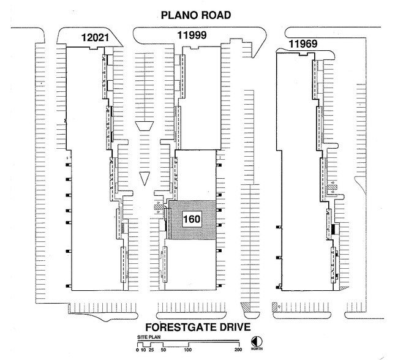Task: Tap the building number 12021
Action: (96, 39)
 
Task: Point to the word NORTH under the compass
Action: (256, 350)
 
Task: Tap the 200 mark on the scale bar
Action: (238, 350)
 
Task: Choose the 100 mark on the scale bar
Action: (188, 350)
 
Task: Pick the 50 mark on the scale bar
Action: (163, 350)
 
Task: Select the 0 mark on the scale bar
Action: (138, 350)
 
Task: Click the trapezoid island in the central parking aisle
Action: (145, 126)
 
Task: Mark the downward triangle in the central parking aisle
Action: (145, 178)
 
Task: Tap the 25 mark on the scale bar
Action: (151, 350)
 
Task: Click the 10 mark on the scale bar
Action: (143, 350)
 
